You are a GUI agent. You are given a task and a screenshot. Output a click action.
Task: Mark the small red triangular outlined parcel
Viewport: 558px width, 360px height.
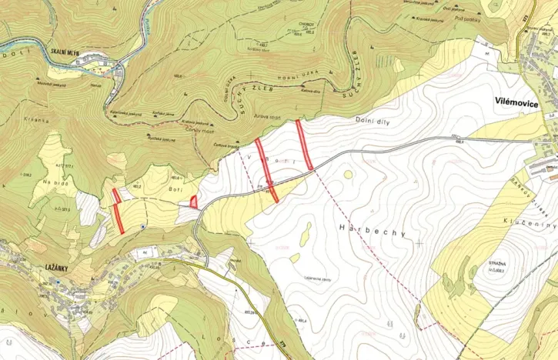click(x=193, y=202)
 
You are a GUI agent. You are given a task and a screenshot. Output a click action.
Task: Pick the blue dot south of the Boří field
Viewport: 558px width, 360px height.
click(x=144, y=227)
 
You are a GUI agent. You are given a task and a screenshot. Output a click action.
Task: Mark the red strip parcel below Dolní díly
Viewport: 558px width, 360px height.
click(x=304, y=145)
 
